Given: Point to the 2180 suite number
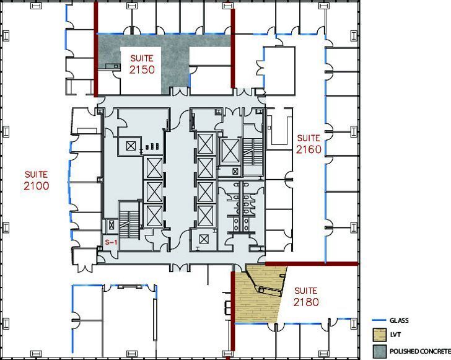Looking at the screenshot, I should point(305,302).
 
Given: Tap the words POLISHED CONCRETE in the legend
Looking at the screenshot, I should point(420,351).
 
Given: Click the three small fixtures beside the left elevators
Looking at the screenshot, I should point(152,147).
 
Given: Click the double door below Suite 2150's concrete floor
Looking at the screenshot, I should point(179,92).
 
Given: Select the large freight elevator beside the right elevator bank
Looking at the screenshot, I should point(230,150).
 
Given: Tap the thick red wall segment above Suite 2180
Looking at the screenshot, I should point(312,264).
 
